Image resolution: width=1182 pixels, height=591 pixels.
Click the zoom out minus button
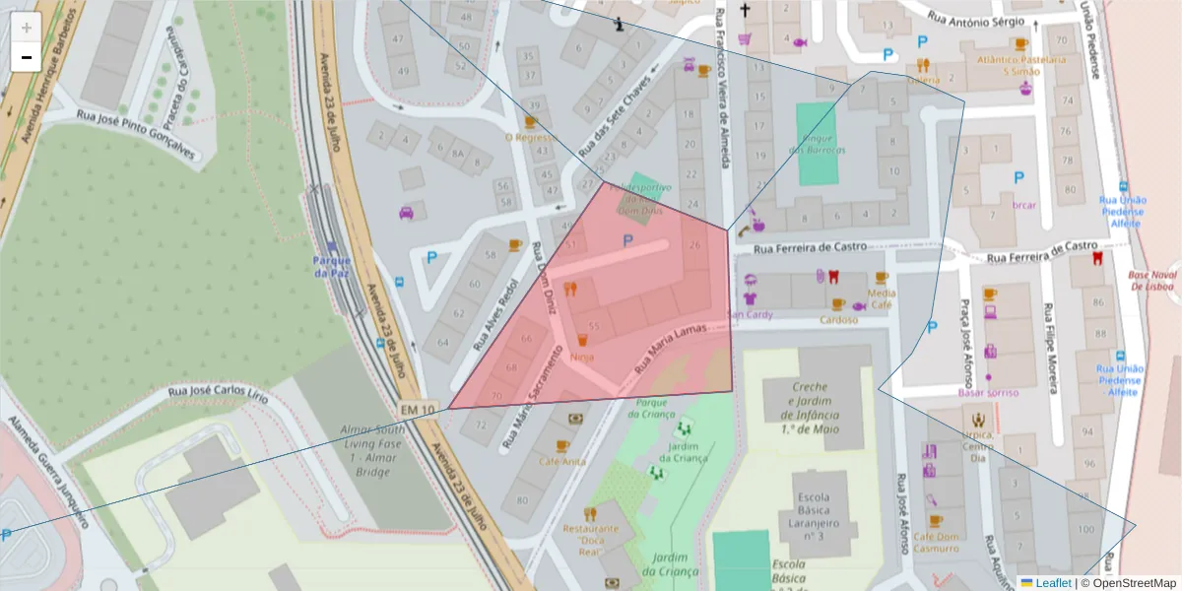tap(27, 57)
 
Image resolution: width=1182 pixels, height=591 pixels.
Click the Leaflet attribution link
tap(1053, 583)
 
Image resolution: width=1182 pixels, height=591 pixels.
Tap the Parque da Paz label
tap(332, 266)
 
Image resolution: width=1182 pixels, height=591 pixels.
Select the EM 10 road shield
tap(418, 409)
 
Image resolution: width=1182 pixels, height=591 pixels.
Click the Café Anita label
tap(561, 461)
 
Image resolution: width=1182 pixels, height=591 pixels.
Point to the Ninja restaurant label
tap(581, 357)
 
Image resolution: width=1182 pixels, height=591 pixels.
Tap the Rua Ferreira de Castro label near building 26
tap(810, 248)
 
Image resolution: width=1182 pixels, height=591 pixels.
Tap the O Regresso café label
tap(530, 138)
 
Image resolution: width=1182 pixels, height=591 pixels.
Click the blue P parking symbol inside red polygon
tap(627, 240)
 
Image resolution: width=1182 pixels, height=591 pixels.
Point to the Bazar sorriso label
tap(988, 392)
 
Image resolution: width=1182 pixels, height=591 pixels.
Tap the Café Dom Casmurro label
tap(936, 543)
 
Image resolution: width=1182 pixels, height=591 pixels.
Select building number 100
tap(1085, 530)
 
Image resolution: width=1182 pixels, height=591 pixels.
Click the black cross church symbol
tap(745, 12)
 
